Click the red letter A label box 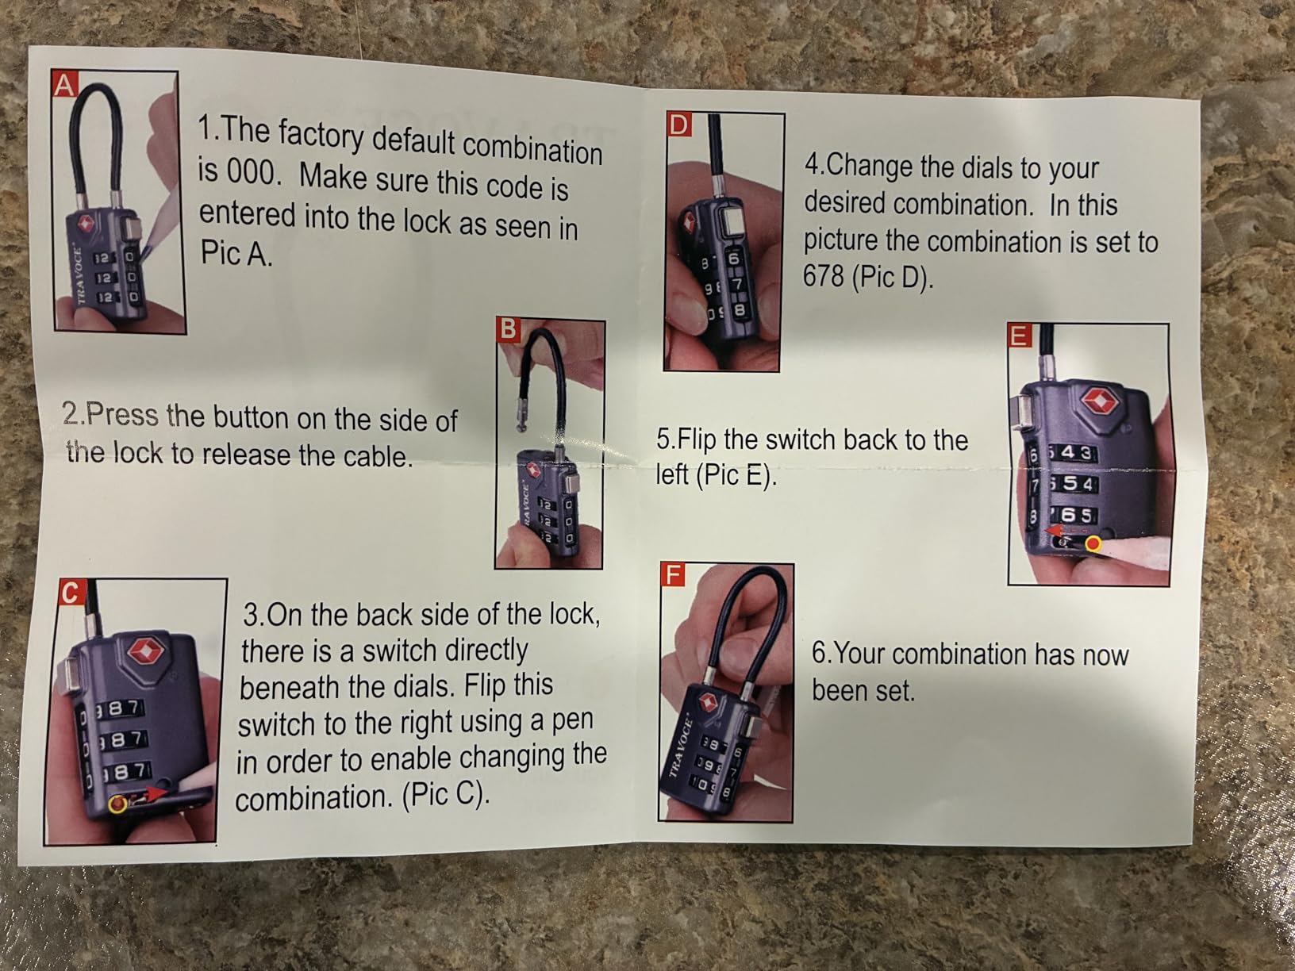point(64,84)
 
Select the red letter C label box point(71,593)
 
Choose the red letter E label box point(1020,336)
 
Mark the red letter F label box point(672,574)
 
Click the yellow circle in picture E point(1093,544)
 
